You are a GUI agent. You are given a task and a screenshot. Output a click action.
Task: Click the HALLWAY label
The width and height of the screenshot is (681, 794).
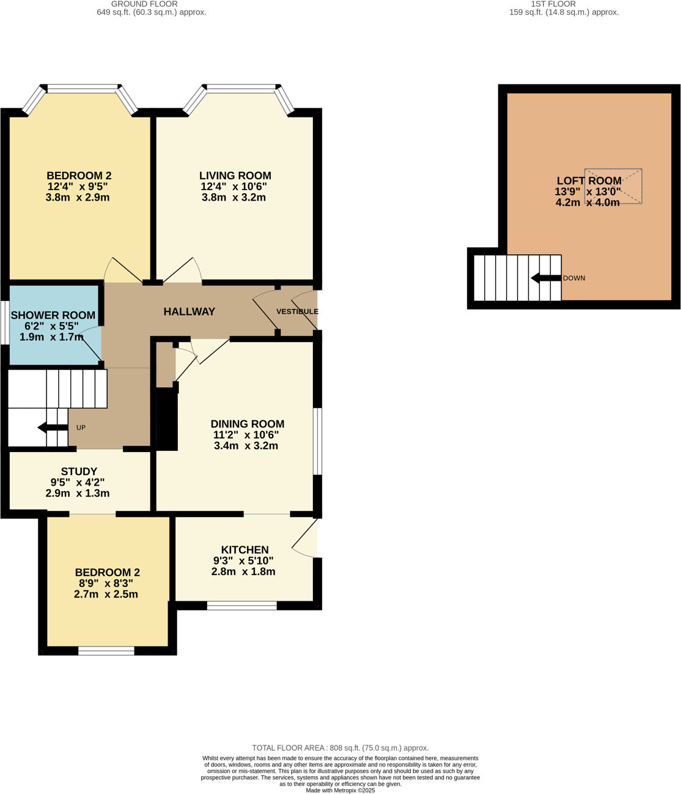(x=189, y=311)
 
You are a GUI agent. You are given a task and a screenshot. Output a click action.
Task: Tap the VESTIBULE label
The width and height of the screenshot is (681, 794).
(x=297, y=311)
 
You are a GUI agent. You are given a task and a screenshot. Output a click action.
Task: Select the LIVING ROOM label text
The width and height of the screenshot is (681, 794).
(x=235, y=176)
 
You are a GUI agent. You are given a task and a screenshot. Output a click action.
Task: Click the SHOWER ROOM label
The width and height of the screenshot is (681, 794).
(x=53, y=315)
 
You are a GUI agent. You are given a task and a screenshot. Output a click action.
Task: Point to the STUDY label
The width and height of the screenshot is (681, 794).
(x=79, y=471)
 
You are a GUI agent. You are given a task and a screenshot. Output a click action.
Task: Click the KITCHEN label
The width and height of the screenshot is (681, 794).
(x=245, y=549)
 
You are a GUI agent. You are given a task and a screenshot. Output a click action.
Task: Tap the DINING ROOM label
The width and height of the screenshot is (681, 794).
(x=247, y=423)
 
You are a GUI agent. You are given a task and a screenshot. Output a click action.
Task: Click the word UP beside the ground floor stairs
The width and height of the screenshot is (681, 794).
(x=81, y=428)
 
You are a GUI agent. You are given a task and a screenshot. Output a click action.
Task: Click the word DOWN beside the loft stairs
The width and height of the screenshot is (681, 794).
(x=574, y=278)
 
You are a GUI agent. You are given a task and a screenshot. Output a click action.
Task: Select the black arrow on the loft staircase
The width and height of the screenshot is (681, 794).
(x=545, y=278)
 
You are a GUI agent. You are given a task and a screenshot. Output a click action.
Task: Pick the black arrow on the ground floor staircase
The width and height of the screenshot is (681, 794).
(x=52, y=428)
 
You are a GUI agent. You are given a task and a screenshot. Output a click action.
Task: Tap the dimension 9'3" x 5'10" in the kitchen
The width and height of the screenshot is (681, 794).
(x=243, y=560)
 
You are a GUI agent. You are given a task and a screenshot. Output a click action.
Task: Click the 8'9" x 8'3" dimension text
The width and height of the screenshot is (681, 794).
(x=106, y=583)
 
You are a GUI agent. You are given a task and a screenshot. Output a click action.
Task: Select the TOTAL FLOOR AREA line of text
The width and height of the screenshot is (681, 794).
(x=340, y=748)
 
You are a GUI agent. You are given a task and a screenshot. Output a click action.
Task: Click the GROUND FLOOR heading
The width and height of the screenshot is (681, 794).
(x=144, y=4)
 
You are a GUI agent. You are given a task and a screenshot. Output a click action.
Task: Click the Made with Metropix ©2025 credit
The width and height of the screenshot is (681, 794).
(x=340, y=790)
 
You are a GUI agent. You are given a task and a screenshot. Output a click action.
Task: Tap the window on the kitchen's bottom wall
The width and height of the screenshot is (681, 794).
(x=241, y=606)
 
